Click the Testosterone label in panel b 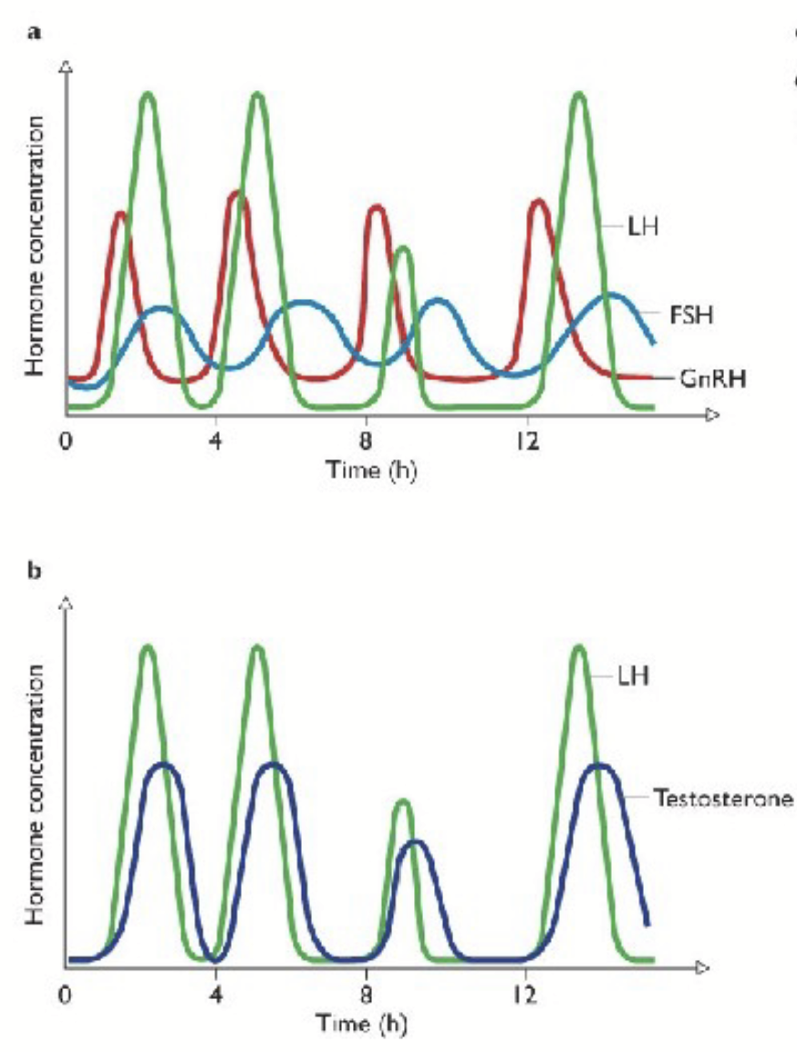coord(724,797)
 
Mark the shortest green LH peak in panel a coord(403,249)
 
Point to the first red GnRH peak coord(120,214)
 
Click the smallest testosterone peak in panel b coord(415,842)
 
